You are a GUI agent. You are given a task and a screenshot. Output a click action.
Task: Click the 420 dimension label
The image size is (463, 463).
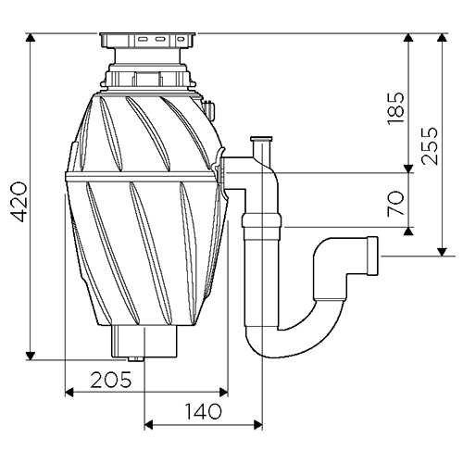pyautogui.click(x=19, y=202)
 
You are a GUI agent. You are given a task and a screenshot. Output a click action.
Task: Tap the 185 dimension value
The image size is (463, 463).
pyautogui.click(x=396, y=108)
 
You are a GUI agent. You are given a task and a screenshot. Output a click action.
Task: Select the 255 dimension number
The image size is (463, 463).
pyautogui.click(x=430, y=145)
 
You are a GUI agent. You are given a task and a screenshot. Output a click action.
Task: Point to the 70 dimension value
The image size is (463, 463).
pyautogui.click(x=396, y=204)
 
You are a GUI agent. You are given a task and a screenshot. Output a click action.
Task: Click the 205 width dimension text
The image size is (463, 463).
pyautogui.click(x=111, y=380)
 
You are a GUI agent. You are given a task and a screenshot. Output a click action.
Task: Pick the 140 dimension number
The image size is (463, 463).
pyautogui.click(x=203, y=411)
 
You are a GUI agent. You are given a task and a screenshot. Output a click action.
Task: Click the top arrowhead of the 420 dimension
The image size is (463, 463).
pyautogui.click(x=31, y=37)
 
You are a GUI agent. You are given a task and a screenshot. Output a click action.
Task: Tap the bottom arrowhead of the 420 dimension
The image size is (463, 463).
pyautogui.click(x=31, y=356)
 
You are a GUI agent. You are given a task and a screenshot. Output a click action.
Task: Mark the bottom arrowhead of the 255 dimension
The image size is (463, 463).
pyautogui.click(x=443, y=252)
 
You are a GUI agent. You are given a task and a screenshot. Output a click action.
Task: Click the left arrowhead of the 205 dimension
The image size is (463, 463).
pyautogui.click(x=69, y=393)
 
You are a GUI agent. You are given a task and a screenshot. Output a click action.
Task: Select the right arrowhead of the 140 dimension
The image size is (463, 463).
pyautogui.click(x=258, y=425)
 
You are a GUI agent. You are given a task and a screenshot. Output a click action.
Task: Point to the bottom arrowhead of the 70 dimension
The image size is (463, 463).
pyautogui.click(x=408, y=231)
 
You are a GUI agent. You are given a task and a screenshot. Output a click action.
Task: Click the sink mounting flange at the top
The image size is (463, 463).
pyautogui.click(x=147, y=40)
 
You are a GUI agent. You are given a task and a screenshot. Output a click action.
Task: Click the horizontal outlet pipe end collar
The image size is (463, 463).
pyautogui.click(x=372, y=256)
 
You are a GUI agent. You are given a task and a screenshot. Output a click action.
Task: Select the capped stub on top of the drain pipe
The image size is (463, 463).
pyautogui.click(x=261, y=146)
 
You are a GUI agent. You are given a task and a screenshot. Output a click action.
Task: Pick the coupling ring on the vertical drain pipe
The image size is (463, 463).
pyautogui.click(x=261, y=220)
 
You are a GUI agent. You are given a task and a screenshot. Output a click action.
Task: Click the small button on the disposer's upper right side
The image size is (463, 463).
pyautogui.click(x=209, y=109)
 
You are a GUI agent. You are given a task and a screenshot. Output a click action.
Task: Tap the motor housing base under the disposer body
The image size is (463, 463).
pyautogui.click(x=144, y=342)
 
